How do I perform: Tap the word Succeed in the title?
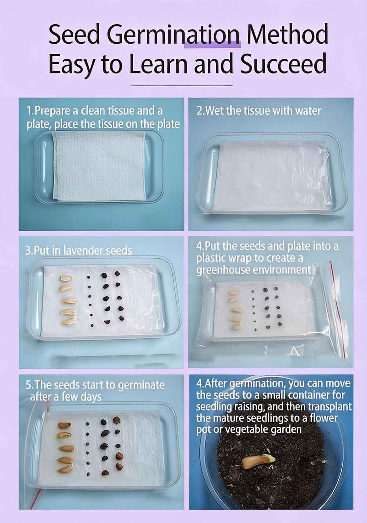coord(283,63)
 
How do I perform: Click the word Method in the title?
coord(287,35)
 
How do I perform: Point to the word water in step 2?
coord(306,111)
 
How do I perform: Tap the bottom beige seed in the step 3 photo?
coord(68,321)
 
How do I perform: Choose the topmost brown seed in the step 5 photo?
coord(64,425)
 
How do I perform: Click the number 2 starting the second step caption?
coord(199,111)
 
